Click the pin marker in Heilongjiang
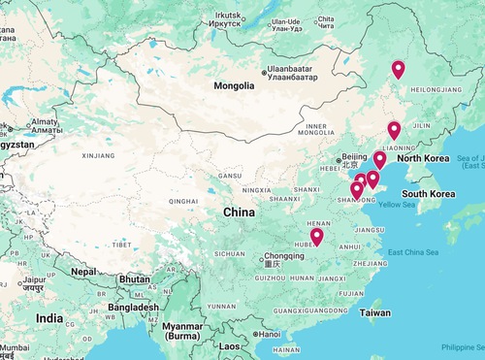coord(398,70)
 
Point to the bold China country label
coord(238,212)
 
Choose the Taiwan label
coord(374,313)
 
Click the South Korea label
coord(429,194)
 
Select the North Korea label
coord(423,158)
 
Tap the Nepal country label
coord(84,272)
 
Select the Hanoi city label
coord(268,335)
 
